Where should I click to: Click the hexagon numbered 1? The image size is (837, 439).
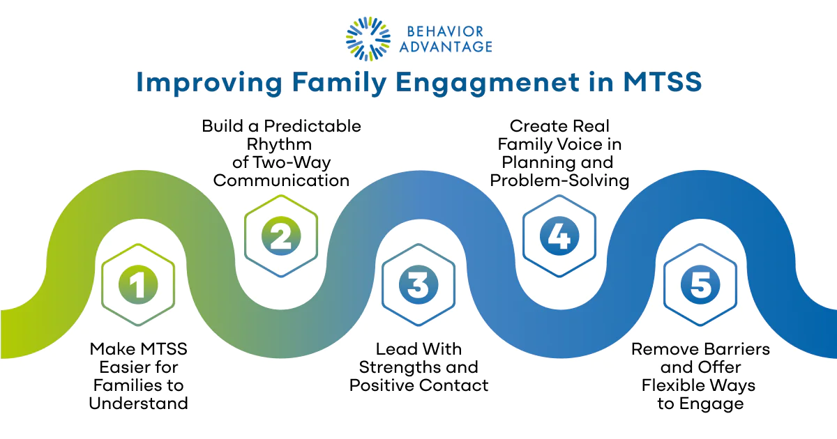click(138, 285)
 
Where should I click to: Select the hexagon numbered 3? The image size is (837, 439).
click(418, 285)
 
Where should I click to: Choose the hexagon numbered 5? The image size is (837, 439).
click(700, 285)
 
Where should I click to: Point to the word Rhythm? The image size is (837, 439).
click(281, 144)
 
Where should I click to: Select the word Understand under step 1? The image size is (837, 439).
click(138, 403)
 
